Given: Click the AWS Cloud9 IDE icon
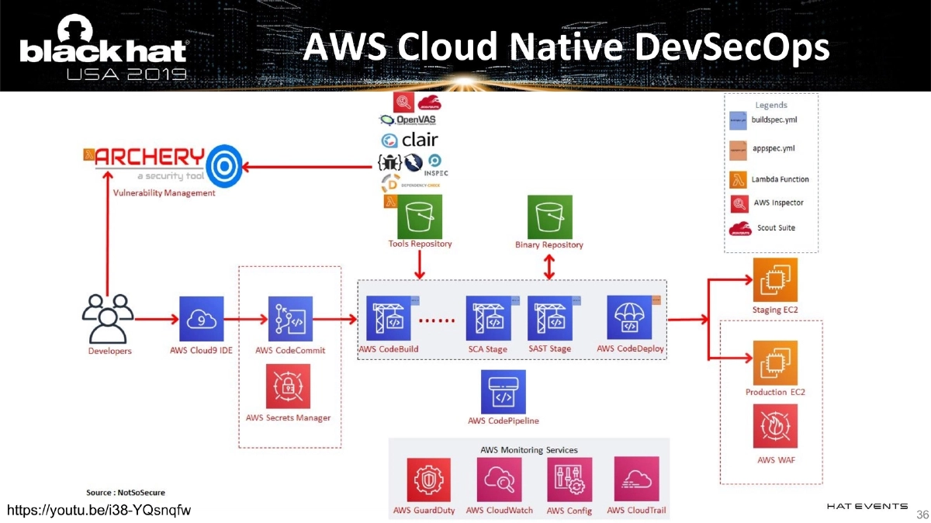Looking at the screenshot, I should pos(201,318).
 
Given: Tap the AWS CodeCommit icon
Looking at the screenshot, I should pos(290,318).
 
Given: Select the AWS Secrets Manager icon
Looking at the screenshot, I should pos(288,386).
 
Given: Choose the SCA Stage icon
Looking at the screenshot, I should pos(488,318).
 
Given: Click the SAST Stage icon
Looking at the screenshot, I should pos(549,318).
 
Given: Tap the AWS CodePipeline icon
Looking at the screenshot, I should pos(504,391).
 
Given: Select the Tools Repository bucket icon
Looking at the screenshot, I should pos(420,216).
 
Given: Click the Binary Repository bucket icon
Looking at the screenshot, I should pos(549,216).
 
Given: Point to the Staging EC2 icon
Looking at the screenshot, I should pos(775,280).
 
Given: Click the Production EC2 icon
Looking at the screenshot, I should pos(775,363).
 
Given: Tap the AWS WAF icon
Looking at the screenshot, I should pos(775,426).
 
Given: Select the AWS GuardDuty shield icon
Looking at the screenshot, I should pos(429,480).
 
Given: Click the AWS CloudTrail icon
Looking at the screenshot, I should pos(636,480).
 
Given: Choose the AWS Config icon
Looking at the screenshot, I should pos(569,480).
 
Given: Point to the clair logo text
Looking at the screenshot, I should pos(419,140).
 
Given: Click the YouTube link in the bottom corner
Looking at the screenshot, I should pos(99,510).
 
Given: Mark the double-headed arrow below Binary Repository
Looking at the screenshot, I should pos(549,267).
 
